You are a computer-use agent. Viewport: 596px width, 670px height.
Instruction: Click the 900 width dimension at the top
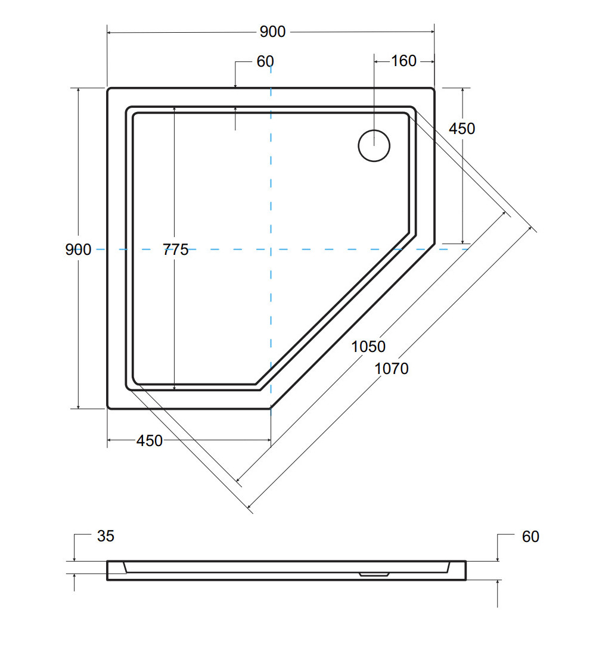272,32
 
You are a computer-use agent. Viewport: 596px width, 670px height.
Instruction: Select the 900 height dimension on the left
78,250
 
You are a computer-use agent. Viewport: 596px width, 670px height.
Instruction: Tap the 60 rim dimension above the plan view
265,61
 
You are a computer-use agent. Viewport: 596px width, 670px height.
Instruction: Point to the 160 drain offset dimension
403,61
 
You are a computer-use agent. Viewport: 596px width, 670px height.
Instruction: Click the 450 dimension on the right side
462,129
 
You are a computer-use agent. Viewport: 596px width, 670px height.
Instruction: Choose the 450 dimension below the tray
150,441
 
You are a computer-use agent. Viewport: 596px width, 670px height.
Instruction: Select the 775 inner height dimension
175,250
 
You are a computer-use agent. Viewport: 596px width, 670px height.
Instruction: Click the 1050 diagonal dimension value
368,346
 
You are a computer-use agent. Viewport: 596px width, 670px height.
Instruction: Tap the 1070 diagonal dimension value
392,369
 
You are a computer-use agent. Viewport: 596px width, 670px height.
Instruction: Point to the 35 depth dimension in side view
105,536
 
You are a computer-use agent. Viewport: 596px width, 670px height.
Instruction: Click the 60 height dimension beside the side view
530,537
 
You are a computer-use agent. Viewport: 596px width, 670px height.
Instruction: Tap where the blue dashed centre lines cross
271,250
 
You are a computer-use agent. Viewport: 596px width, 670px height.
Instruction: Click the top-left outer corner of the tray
108,89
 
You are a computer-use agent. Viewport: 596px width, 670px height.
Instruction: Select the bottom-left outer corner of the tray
108,409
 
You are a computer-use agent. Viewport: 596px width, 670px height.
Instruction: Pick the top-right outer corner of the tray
434,89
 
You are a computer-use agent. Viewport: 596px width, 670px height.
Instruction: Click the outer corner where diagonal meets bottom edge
271,409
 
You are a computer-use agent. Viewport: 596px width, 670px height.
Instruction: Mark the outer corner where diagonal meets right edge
434,244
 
